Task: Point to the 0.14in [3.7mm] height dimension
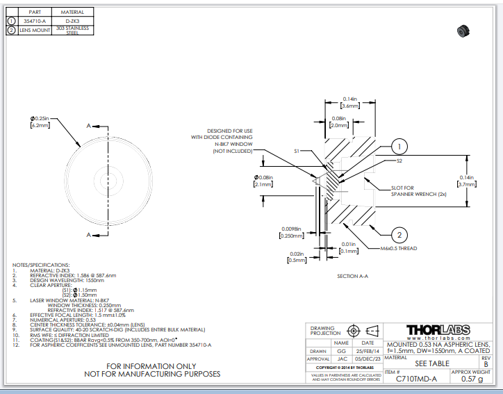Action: (x=466, y=181)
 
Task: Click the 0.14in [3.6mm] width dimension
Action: (x=349, y=103)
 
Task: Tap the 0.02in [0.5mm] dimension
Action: (x=297, y=258)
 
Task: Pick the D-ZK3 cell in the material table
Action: (x=72, y=21)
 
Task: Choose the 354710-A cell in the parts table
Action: (x=34, y=21)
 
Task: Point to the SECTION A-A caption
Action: (x=356, y=277)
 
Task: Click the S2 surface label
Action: (x=399, y=161)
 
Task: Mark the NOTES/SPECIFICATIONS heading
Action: (x=41, y=265)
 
